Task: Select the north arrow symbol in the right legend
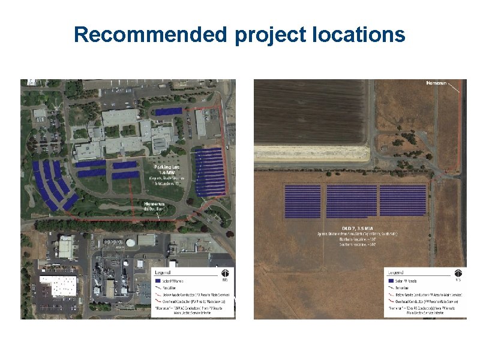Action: (x=458, y=273)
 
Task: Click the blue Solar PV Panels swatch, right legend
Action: (x=391, y=281)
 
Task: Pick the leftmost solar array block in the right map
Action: (x=302, y=200)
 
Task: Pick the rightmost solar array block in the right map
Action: (x=403, y=200)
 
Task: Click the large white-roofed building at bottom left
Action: (x=58, y=286)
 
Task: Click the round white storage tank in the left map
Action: (x=130, y=243)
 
